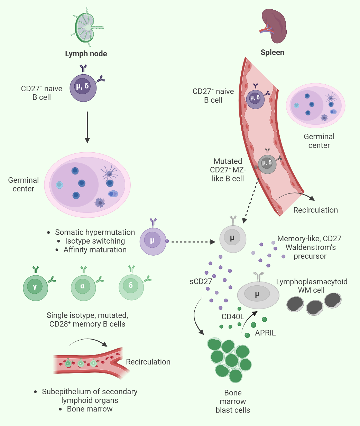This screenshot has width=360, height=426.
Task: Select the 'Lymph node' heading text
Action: pyautogui.click(x=86, y=54)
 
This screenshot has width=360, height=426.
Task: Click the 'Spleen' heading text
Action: pyautogui.click(x=273, y=53)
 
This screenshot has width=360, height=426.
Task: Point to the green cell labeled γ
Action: pyautogui.click(x=35, y=286)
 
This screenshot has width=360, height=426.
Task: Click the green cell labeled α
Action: pyautogui.click(x=83, y=286)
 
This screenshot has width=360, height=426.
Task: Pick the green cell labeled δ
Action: pyautogui.click(x=131, y=286)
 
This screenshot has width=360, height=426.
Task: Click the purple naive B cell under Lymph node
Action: pyautogui.click(x=83, y=87)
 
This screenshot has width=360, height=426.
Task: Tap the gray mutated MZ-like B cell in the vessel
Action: pyautogui.click(x=267, y=164)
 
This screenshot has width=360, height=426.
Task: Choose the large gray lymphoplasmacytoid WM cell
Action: pyautogui.click(x=258, y=295)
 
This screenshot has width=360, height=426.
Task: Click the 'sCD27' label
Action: pyautogui.click(x=201, y=282)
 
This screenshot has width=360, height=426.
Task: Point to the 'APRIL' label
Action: pyautogui.click(x=265, y=333)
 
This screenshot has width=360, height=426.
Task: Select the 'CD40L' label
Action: pyautogui.click(x=233, y=317)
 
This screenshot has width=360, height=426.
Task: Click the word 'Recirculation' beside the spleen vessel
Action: pyautogui.click(x=315, y=210)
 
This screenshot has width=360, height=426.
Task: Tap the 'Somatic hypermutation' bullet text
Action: pyautogui.click(x=95, y=233)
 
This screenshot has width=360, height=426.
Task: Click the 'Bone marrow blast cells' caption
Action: pyautogui.click(x=233, y=401)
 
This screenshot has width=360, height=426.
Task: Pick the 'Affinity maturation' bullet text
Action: pyautogui.click(x=95, y=250)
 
